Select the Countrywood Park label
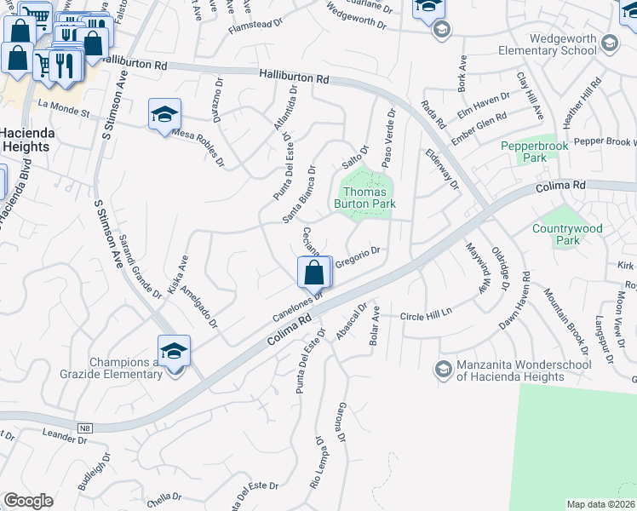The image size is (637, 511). pos(567,234)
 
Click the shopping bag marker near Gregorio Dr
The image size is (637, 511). pos(314,273)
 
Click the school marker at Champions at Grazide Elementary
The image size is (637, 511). pos(174,350)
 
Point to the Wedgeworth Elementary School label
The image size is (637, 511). pos(563,44)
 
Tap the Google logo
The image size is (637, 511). pos(28,501)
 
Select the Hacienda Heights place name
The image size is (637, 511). pos(27,140)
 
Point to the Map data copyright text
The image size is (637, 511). pos(601,504)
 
